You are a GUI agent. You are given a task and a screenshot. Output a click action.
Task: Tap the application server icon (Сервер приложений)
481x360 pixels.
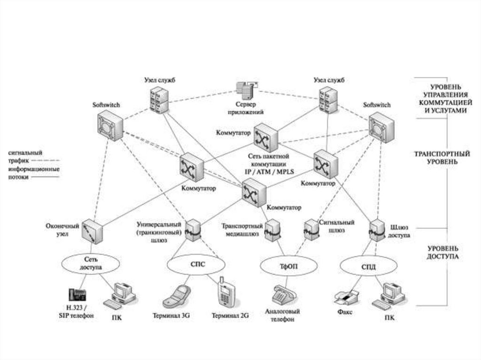[x=246, y=89]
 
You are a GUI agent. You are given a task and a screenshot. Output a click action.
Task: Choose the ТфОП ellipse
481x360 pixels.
[x=286, y=266]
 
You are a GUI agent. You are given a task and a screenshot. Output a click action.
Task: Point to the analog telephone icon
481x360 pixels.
[x=285, y=294]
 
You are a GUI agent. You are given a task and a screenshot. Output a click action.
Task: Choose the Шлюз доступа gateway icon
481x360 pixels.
[x=377, y=230]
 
